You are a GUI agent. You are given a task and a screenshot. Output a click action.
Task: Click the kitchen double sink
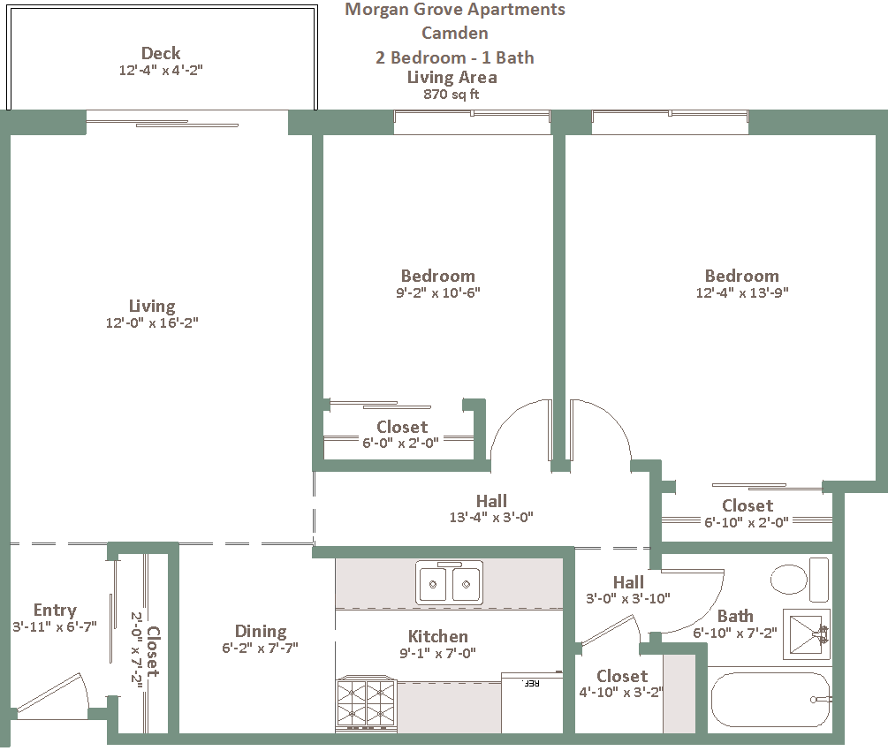tap(449, 583)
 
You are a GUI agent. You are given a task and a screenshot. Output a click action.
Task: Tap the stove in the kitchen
tap(366, 704)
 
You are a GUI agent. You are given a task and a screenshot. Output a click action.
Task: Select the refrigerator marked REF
tap(532, 702)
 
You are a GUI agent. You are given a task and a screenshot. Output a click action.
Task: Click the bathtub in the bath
tap(770, 700)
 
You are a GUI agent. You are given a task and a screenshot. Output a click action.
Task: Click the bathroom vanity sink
tap(807, 634)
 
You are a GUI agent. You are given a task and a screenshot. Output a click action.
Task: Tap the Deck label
tap(161, 53)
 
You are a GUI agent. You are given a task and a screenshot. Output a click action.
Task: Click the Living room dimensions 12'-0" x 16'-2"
tap(152, 322)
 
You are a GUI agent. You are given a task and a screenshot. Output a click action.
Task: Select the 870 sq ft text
tap(452, 94)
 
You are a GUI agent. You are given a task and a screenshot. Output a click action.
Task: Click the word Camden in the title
tap(455, 33)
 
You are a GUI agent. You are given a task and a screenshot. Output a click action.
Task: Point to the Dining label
tap(261, 632)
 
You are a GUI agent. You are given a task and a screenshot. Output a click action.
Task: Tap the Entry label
tap(55, 610)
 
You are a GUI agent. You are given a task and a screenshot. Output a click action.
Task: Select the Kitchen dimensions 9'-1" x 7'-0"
tap(437, 653)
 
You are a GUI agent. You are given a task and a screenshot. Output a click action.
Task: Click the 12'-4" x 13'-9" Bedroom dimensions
tap(742, 292)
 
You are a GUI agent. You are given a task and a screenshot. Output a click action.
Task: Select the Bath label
tap(735, 616)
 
